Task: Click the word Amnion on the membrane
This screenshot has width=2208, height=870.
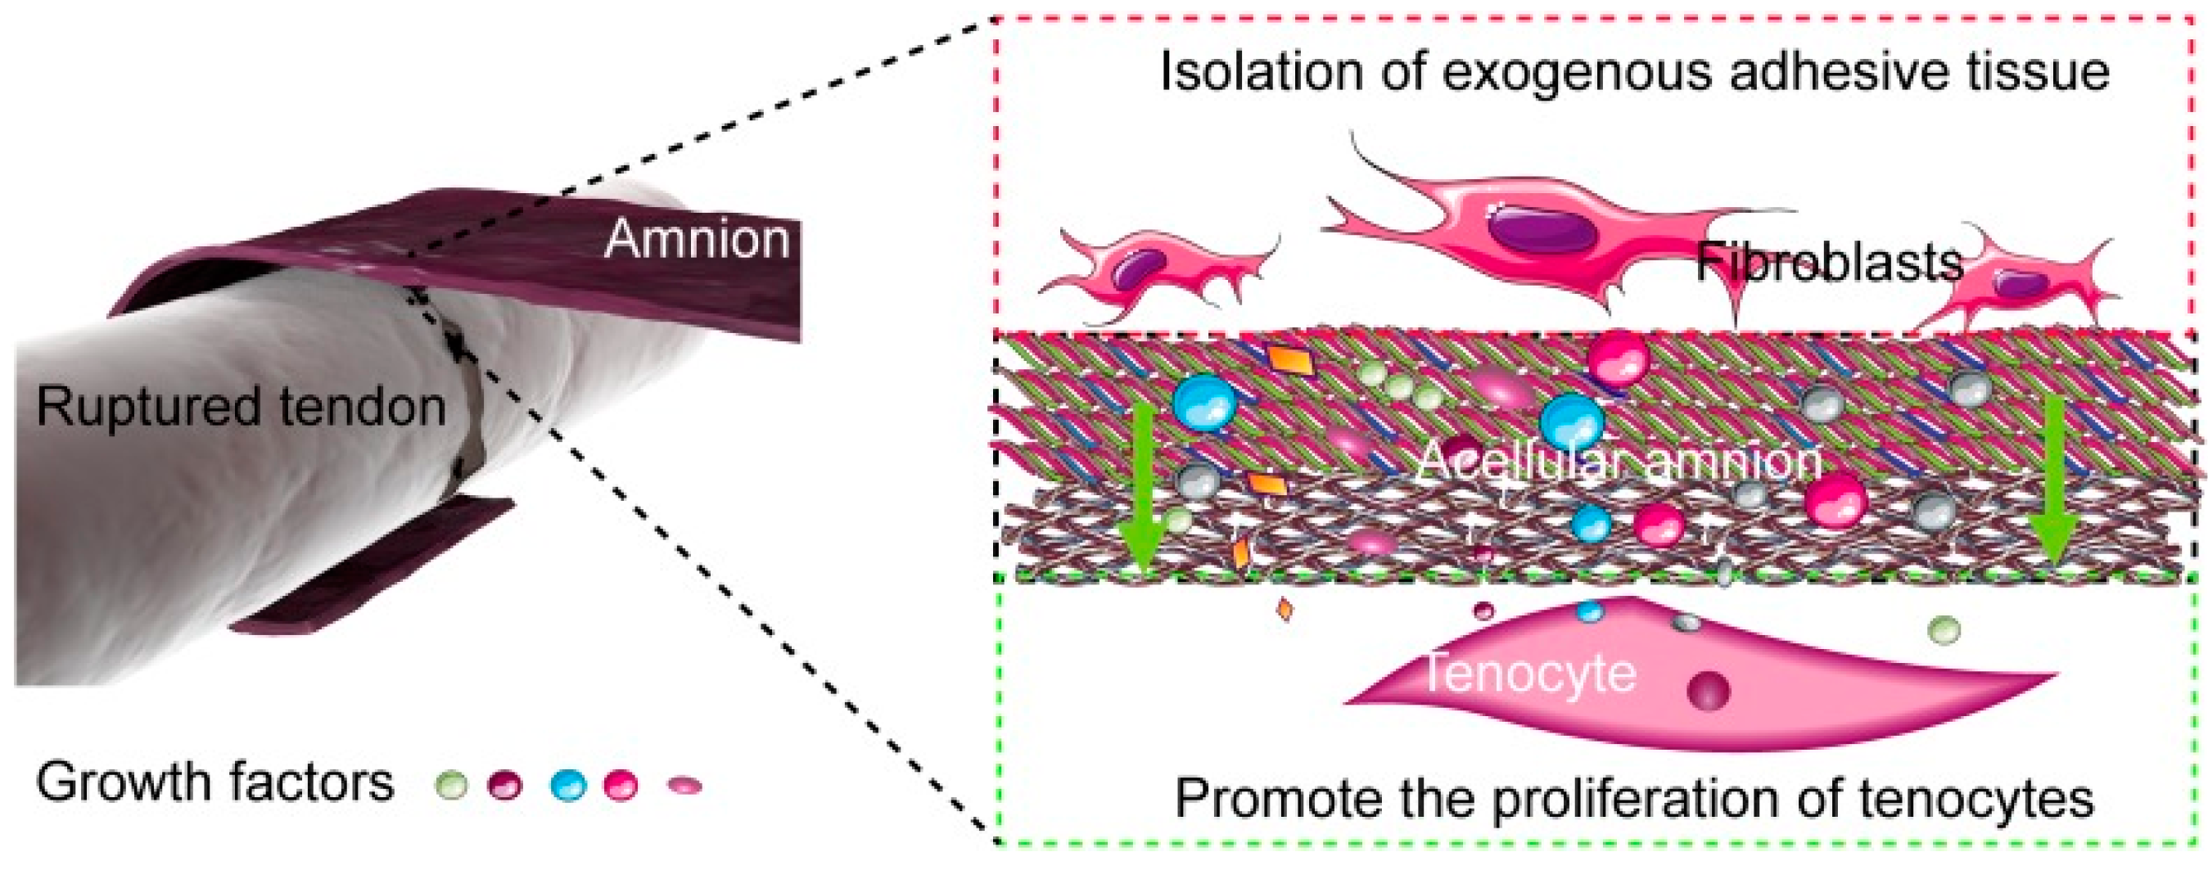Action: (696, 239)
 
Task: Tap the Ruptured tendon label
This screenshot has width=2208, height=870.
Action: (241, 406)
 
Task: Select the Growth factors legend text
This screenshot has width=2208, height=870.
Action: (214, 782)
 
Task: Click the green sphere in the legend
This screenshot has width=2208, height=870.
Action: (452, 784)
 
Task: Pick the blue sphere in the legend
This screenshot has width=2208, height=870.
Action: (568, 784)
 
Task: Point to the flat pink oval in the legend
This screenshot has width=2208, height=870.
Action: (685, 784)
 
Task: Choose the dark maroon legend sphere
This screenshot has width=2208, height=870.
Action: (505, 784)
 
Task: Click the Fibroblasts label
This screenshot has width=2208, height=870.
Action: (1829, 261)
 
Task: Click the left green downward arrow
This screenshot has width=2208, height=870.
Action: (1143, 489)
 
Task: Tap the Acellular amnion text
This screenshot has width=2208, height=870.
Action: (1619, 460)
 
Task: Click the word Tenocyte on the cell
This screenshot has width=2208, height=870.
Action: (1529, 673)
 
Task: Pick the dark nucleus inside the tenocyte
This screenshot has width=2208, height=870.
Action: (1709, 690)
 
